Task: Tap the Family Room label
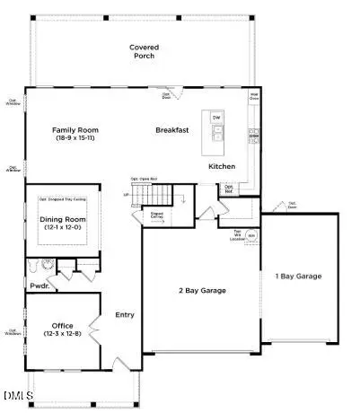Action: [x=75, y=130]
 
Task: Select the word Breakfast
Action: [x=171, y=130]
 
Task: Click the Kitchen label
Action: [x=222, y=167]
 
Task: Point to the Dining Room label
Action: [x=62, y=219]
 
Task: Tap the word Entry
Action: [x=124, y=314]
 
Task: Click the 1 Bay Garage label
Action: [x=298, y=276]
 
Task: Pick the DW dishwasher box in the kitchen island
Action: [x=216, y=118]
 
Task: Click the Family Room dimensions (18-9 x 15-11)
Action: [x=75, y=140]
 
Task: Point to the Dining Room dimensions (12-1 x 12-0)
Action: [x=62, y=228]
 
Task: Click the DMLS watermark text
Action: [x=15, y=397]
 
